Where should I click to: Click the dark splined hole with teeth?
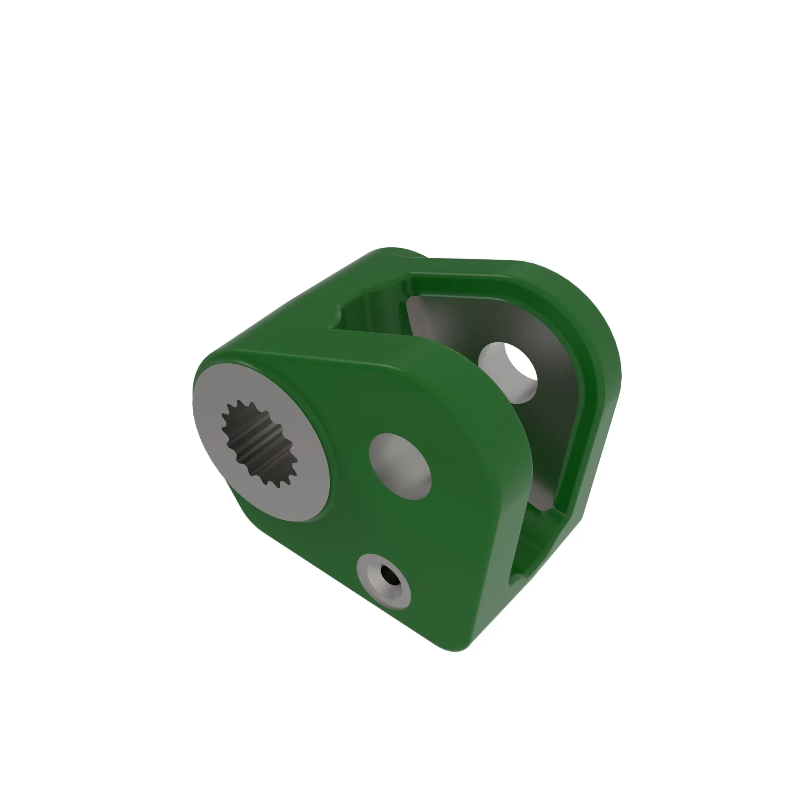259,444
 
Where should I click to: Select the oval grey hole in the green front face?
400,466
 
